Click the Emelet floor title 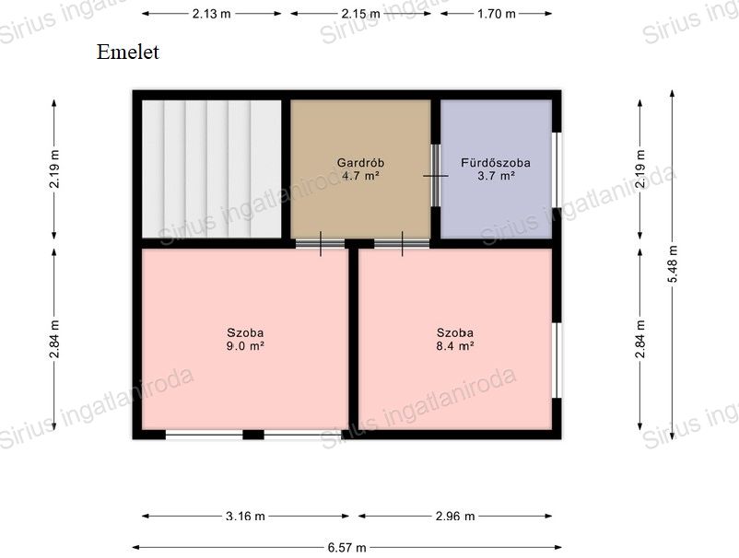coord(128,52)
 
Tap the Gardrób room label coord(360,163)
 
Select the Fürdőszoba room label coord(496,163)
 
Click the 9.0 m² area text coord(245,346)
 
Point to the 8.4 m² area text coord(455,346)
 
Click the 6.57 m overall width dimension coord(346,548)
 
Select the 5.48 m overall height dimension coord(673,263)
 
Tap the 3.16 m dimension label coord(245,516)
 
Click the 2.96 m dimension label coord(455,516)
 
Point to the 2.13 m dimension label coord(212,14)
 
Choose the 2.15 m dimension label coord(360,14)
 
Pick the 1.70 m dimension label coord(497,14)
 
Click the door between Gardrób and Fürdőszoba coord(436,175)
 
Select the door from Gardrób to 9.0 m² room coord(321,243)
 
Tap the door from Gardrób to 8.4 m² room coord(402,243)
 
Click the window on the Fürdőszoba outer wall coord(557,169)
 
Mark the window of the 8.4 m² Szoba coord(557,360)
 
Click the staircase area coord(212,169)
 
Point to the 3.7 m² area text coord(496,176)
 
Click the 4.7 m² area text coord(360,176)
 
